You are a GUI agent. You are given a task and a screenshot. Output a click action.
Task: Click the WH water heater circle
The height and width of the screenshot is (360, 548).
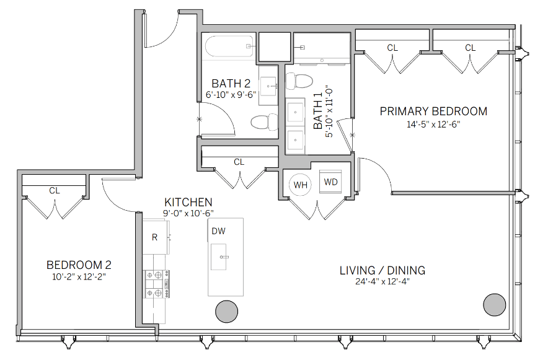pyautogui.click(x=301, y=185)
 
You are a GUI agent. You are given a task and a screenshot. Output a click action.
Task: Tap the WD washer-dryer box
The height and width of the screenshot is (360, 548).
pyautogui.click(x=331, y=182)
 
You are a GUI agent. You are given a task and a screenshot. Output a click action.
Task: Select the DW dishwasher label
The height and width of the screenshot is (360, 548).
pyautogui.click(x=218, y=231)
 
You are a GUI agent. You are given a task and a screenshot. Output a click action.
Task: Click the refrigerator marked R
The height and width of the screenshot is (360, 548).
pyautogui.click(x=155, y=237)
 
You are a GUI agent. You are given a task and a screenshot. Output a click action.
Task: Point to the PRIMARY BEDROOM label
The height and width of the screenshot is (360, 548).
pyautogui.click(x=433, y=112)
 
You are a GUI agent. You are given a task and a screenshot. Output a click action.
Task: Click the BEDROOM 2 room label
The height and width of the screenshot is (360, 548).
pyautogui.click(x=79, y=265)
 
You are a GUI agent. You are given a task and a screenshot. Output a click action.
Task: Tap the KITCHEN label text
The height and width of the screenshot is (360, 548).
pyautogui.click(x=188, y=203)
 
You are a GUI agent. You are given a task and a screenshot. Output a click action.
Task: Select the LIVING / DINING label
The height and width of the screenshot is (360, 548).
pyautogui.click(x=382, y=270)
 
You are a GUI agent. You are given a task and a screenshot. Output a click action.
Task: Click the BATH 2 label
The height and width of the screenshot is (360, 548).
pyautogui.click(x=231, y=84)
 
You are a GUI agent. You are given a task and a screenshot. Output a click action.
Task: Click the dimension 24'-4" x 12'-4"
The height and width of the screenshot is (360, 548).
pyautogui.click(x=382, y=281)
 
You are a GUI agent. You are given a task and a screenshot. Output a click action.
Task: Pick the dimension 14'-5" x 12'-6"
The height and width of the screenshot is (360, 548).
pyautogui.click(x=433, y=123)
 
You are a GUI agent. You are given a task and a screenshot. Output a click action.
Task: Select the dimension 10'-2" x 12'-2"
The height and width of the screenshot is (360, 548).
pyautogui.click(x=79, y=276)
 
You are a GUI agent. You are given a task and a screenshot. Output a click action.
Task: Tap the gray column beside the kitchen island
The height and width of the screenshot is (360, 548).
pyautogui.click(x=225, y=312)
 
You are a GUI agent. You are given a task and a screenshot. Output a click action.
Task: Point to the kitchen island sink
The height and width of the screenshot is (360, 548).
pyautogui.click(x=219, y=257)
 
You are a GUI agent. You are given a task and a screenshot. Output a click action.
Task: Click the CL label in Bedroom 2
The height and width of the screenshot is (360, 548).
pyautogui.click(x=55, y=191)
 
